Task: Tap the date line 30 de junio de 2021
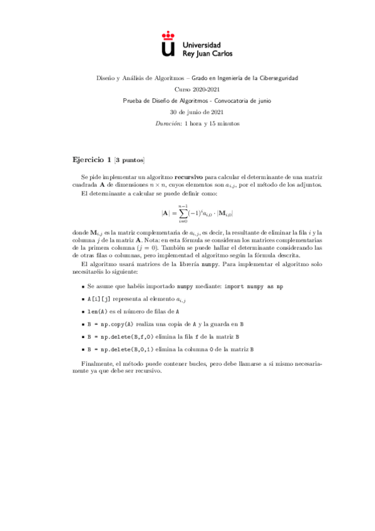tap(187, 111)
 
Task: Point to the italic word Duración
tap(165, 123)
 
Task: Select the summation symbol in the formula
tap(183, 213)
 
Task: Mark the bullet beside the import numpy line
tap(84, 286)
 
